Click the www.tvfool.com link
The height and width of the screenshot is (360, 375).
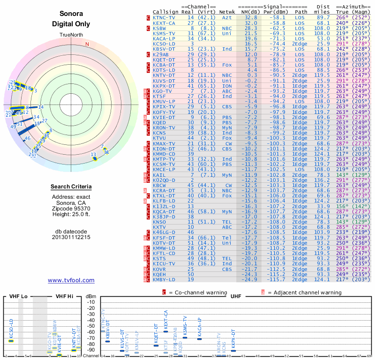[71, 280]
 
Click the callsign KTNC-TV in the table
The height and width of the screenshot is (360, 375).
[164, 17]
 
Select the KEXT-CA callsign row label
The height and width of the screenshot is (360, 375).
[164, 22]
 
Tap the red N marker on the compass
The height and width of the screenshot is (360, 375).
[87, 45]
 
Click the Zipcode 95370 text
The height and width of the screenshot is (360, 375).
[71, 208]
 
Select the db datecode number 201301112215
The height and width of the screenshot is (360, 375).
[71, 237]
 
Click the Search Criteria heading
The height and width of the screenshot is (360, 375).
[71, 187]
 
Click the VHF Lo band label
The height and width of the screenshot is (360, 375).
[18, 296]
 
